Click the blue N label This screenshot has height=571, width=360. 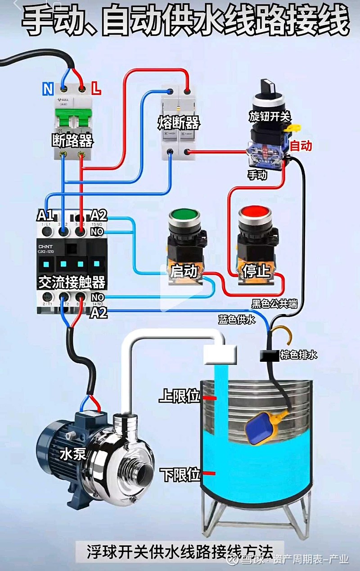(48, 89)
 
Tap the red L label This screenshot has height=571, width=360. (96, 88)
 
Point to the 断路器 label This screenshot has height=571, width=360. (72, 141)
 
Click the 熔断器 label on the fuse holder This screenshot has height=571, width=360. (179, 122)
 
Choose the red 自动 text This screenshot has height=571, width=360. (300, 145)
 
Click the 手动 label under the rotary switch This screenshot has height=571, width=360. (257, 175)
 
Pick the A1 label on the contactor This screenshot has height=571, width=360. (45, 215)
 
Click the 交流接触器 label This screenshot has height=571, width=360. (72, 283)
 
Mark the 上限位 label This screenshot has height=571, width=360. (179, 396)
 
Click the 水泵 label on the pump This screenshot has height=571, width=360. (73, 454)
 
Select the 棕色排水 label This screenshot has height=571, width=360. (299, 355)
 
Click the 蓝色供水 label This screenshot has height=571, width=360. (237, 320)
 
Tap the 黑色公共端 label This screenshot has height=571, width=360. (274, 304)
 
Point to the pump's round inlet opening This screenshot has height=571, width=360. (145, 474)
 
